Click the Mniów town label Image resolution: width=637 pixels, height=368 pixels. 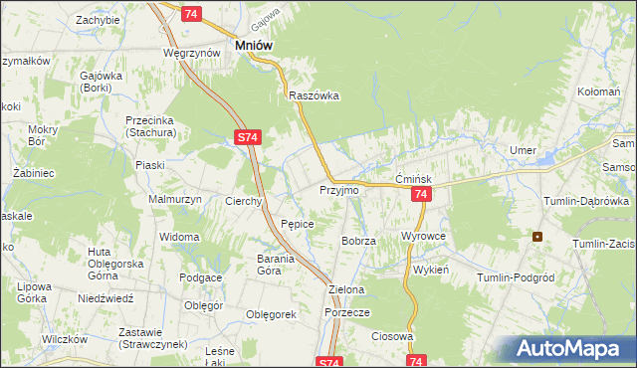[x=253, y=45]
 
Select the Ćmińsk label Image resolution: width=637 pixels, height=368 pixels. [x=411, y=178]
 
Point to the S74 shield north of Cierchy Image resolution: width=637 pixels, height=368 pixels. [x=249, y=140]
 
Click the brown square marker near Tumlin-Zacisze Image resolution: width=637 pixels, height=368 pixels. [x=538, y=237]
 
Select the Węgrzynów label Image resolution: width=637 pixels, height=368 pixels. [x=192, y=52]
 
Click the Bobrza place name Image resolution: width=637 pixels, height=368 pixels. [x=357, y=242]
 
